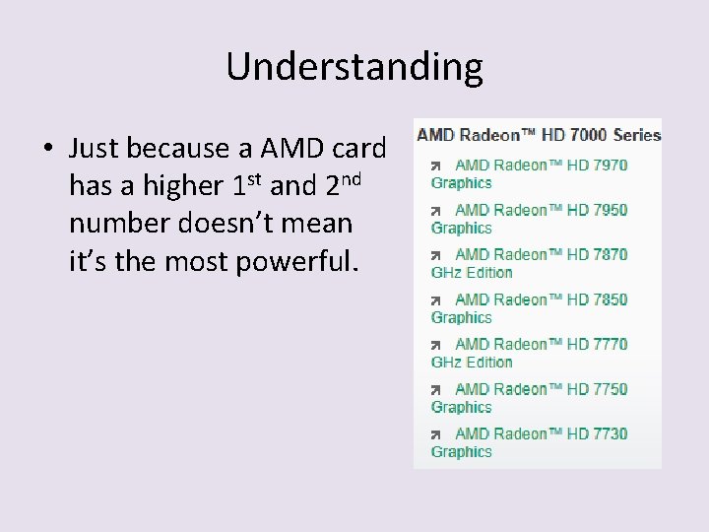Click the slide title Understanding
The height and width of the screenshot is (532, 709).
pyautogui.click(x=354, y=67)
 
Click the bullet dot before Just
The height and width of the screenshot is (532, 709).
pyautogui.click(x=46, y=150)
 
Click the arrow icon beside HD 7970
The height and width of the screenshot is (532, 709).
pyautogui.click(x=436, y=166)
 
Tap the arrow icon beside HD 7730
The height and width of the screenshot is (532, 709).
pyautogui.click(x=436, y=434)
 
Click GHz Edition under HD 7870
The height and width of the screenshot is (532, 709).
pyautogui.click(x=472, y=272)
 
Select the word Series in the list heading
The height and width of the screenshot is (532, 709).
pyautogui.click(x=637, y=134)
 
